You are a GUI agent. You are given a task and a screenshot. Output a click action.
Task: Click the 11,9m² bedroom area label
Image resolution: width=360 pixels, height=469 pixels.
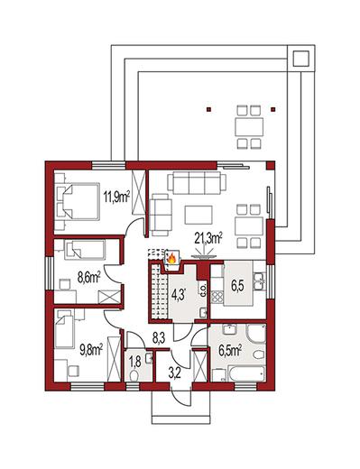[x=116, y=198]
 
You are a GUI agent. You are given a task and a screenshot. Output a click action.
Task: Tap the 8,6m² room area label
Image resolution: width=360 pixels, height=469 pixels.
[x=89, y=278]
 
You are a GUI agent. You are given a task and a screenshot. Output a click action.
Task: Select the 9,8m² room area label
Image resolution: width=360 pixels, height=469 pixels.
[x=91, y=350]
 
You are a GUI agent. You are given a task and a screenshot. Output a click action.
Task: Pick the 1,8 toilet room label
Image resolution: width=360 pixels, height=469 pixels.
[x=135, y=362]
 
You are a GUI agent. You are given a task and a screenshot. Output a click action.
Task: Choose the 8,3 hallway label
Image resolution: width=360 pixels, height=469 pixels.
[x=159, y=338]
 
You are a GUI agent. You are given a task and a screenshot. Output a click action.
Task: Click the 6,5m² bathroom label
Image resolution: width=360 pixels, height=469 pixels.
[x=230, y=351]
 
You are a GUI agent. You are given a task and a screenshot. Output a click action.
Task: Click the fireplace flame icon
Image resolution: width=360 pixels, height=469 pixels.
[x=171, y=258]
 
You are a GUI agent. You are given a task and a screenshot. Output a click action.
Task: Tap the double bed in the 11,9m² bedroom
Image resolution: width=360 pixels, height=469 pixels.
[x=78, y=201]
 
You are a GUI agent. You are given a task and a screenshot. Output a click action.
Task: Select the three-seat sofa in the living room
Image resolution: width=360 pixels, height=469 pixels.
[x=197, y=183]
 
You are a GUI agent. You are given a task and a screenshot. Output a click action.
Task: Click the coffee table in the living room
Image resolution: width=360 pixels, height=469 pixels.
[x=198, y=215]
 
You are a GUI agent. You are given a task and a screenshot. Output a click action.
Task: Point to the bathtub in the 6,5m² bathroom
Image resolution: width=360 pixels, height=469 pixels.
[x=247, y=373]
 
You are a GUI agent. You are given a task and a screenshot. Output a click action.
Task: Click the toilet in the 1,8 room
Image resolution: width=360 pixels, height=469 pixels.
[x=134, y=376]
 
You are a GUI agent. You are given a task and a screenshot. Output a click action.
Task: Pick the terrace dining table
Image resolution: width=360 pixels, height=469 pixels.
[x=249, y=126]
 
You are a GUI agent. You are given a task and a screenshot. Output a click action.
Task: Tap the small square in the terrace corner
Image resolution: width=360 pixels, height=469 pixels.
[x=301, y=59]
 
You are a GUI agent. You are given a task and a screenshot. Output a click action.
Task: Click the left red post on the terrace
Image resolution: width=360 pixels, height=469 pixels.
[x=209, y=110]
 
